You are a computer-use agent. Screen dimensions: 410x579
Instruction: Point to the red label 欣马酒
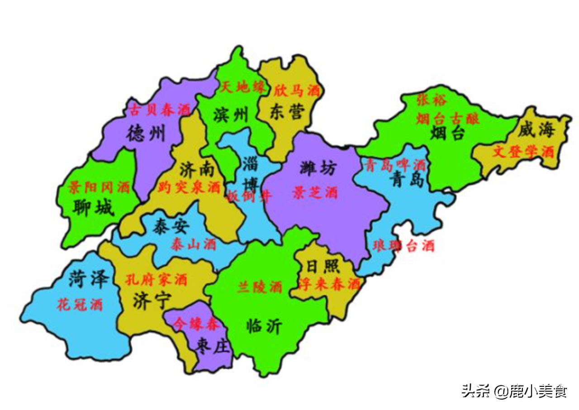click(x=297, y=91)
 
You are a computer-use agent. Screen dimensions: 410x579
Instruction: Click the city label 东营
click(x=285, y=111)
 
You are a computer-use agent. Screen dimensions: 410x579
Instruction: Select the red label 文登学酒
click(x=523, y=152)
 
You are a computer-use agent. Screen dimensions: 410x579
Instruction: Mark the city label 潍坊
click(x=318, y=168)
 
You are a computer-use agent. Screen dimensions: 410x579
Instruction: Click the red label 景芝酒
click(x=315, y=193)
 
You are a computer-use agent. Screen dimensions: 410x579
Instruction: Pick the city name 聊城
click(x=93, y=208)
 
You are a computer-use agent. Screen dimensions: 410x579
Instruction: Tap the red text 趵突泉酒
click(x=189, y=187)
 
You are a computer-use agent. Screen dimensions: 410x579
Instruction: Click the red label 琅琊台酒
click(x=403, y=246)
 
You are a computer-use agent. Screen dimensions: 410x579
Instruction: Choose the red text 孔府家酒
click(x=157, y=279)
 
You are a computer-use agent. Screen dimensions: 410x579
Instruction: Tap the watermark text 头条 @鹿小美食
click(x=514, y=390)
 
